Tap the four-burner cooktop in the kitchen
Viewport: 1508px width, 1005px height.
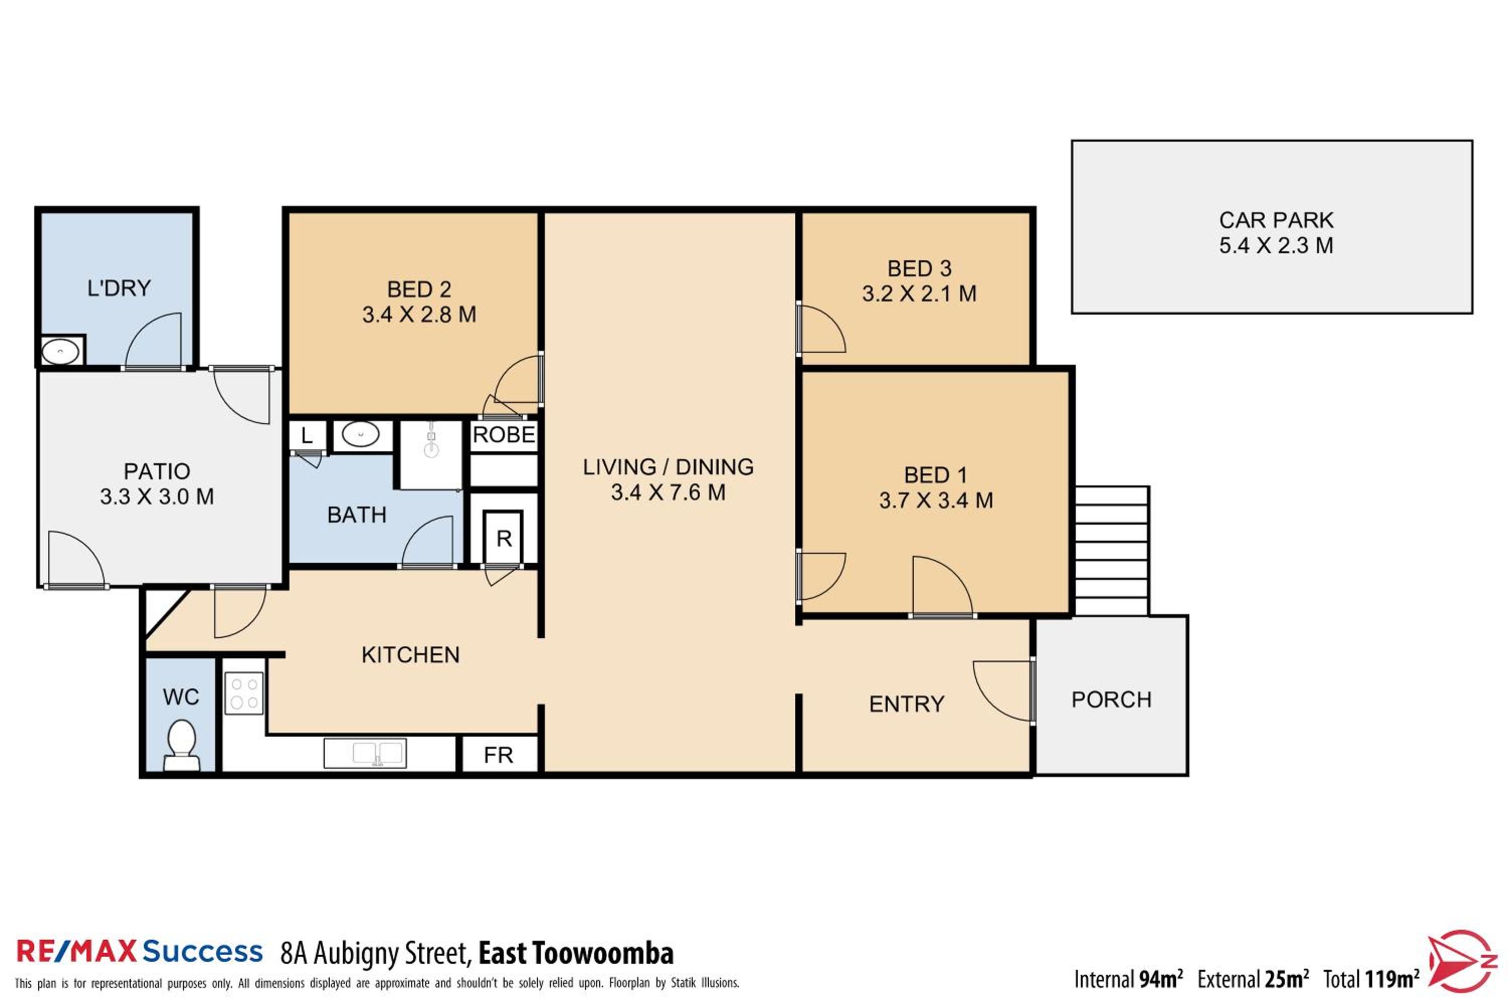244,693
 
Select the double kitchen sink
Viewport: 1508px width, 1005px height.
365,753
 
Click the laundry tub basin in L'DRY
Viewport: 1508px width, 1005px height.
60,351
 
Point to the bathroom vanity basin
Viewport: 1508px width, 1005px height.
361,435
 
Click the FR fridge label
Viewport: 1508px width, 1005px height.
498,756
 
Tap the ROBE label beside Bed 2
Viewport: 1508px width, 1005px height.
504,435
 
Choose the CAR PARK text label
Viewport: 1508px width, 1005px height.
1276,221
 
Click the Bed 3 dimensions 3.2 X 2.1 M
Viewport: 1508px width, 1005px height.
919,293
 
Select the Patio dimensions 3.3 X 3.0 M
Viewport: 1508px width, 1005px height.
157,497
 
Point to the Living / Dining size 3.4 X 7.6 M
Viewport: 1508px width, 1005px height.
668,492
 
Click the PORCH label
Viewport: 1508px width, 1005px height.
1112,699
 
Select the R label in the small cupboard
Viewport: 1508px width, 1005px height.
504,539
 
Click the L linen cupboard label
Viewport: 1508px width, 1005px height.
307,436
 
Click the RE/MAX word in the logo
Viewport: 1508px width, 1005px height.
76,951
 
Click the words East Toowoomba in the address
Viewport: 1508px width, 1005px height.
576,953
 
